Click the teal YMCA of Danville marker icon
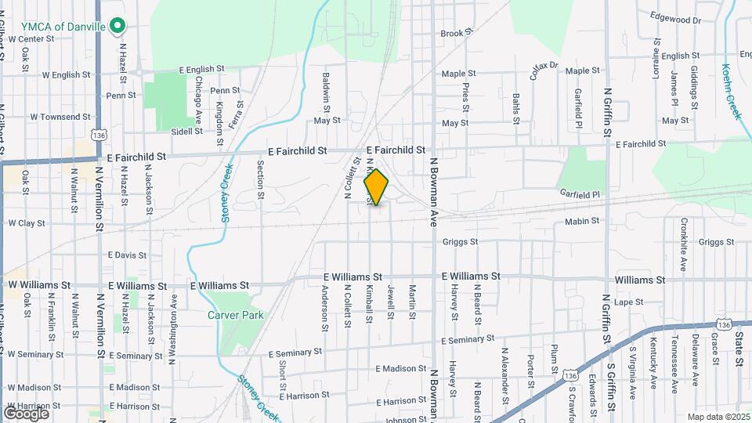[117, 27]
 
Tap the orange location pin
[376, 187]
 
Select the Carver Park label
[236, 315]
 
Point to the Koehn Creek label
[732, 91]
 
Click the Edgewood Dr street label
[675, 19]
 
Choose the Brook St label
[457, 34]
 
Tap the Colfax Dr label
[543, 71]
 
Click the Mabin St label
[581, 222]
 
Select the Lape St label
[628, 302]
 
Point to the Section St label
[261, 179]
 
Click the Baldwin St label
[326, 91]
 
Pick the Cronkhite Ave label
[683, 252]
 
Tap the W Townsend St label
[60, 117]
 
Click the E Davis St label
[127, 255]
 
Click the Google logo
[27, 413]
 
